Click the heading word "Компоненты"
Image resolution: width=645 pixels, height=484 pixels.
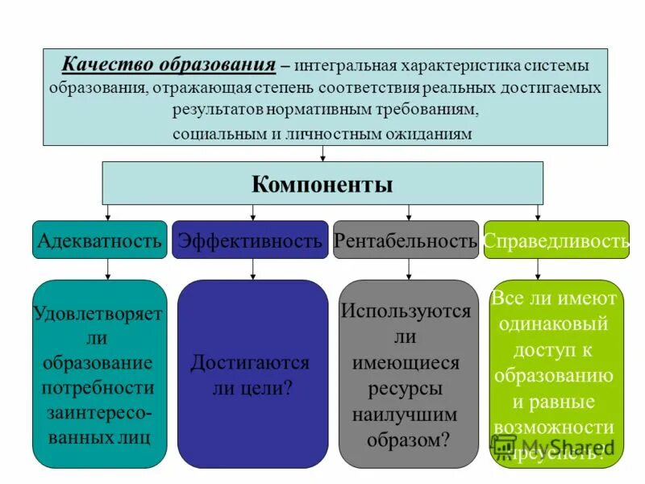click(x=322, y=185)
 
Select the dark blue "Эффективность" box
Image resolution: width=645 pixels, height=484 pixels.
click(x=250, y=240)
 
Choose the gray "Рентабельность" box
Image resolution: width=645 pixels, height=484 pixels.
click(x=406, y=240)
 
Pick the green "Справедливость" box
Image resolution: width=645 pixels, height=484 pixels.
click(x=556, y=240)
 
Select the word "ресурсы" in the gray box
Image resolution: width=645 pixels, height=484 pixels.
click(x=406, y=389)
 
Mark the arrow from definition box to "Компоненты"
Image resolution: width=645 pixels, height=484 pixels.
click(x=323, y=153)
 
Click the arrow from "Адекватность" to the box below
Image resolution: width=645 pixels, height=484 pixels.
click(x=108, y=269)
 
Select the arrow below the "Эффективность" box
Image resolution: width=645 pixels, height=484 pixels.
click(x=253, y=269)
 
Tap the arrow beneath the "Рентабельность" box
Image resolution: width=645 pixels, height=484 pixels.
click(x=409, y=269)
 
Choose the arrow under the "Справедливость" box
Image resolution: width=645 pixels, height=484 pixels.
click(x=538, y=269)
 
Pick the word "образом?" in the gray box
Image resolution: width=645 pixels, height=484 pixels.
click(x=408, y=440)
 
